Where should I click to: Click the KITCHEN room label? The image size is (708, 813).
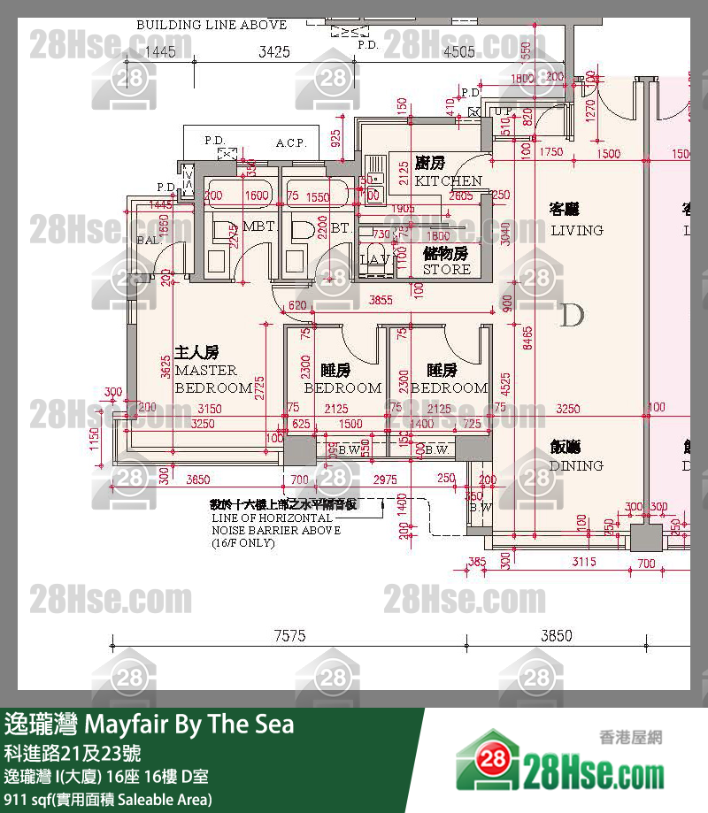click(449, 180)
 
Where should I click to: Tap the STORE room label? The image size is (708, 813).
click(447, 269)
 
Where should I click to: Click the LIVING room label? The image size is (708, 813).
click(576, 230)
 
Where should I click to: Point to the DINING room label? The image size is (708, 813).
click(576, 465)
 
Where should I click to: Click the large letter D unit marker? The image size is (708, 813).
click(572, 315)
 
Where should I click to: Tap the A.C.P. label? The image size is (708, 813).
click(290, 142)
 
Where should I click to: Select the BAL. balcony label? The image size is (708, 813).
click(148, 241)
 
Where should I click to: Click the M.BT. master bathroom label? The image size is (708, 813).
click(259, 226)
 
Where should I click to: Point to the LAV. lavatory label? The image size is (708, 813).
click(375, 259)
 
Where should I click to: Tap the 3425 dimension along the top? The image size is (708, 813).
click(274, 52)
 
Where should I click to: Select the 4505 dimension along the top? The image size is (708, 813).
click(459, 52)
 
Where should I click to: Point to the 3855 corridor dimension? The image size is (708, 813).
click(380, 301)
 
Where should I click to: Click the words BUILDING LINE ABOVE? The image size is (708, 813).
click(212, 25)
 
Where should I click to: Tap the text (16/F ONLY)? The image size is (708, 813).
click(242, 543)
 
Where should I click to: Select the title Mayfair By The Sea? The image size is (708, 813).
click(189, 725)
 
